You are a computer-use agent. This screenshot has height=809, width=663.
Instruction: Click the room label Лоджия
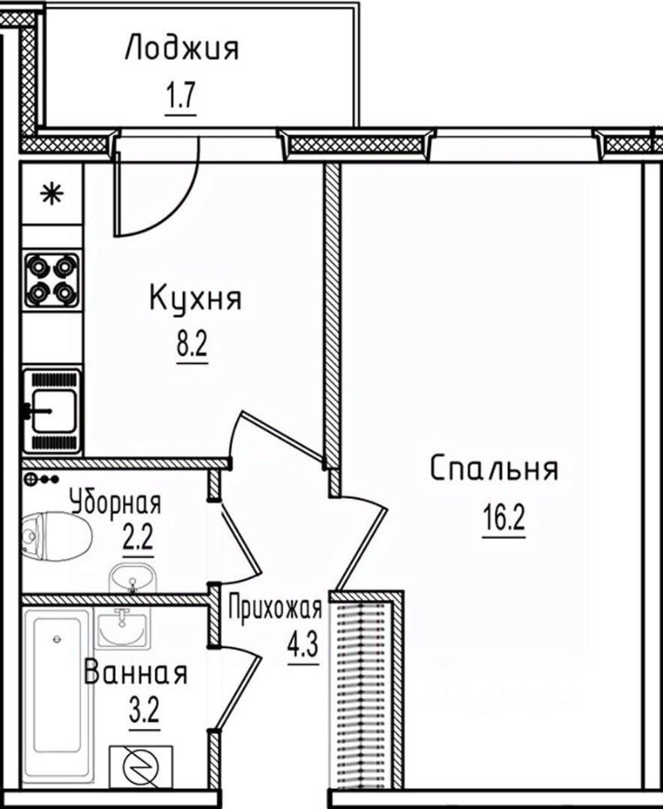181,49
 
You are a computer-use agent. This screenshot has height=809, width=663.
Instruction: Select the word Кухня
195,298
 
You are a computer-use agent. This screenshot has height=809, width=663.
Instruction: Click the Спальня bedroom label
494,469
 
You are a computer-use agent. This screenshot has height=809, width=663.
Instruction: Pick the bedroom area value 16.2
504,516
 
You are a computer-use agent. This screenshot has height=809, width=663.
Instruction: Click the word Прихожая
275,608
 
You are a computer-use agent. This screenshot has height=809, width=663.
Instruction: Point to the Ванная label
135,674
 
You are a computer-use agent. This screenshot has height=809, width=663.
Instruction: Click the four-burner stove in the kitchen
52,279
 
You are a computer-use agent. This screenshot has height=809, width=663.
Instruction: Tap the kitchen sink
52,410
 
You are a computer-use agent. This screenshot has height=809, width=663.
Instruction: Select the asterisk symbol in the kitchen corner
52,195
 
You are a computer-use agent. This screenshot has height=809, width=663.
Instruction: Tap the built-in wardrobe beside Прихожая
366,691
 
